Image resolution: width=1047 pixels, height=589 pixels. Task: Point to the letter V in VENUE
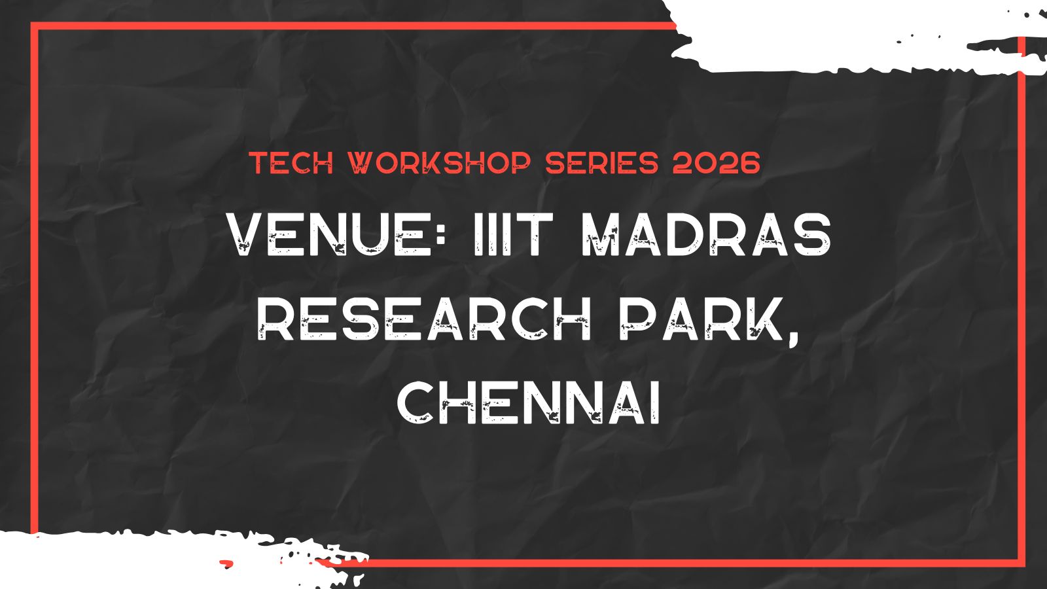(x=249, y=235)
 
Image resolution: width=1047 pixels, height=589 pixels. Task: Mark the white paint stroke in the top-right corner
(x=851, y=36)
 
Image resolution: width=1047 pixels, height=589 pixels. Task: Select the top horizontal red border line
(x=353, y=26)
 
